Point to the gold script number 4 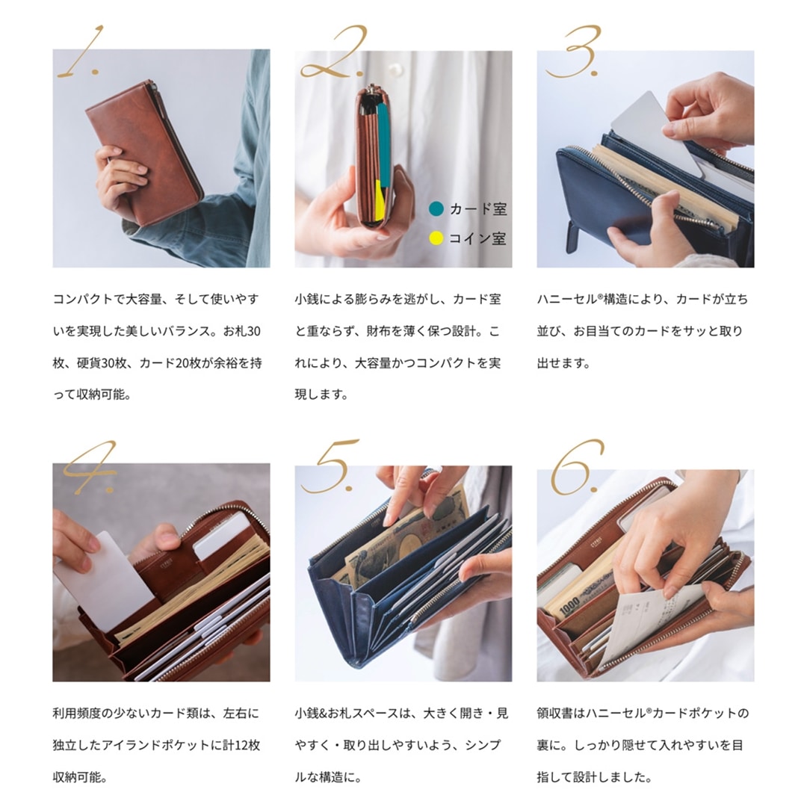click(90, 467)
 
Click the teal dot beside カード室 click(436, 209)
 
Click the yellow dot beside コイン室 click(436, 238)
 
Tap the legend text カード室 click(477, 209)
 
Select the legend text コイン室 click(477, 238)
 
